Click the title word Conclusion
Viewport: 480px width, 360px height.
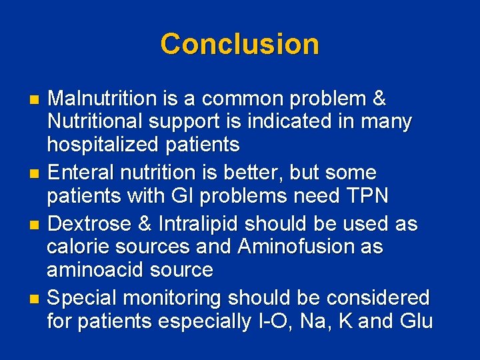point(239,44)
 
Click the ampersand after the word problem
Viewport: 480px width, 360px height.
point(379,99)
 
